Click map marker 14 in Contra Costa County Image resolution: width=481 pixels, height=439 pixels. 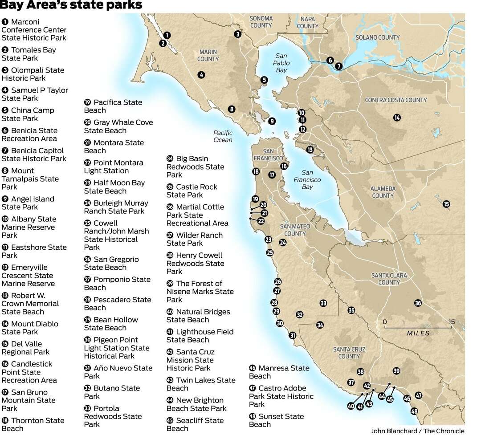396,118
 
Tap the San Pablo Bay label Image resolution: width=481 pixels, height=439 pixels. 281,63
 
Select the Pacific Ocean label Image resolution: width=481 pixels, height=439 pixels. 223,136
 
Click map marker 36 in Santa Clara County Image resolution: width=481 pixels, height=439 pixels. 417,303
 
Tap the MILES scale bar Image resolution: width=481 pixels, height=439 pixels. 418,328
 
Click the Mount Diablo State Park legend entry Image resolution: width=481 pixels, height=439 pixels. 30,328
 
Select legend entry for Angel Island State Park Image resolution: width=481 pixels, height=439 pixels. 28,203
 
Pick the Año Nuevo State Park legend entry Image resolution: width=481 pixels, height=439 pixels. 118,372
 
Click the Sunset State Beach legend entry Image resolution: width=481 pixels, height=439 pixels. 276,420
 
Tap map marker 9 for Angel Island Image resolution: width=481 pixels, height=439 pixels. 272,121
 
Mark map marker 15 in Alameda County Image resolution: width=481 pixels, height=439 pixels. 446,204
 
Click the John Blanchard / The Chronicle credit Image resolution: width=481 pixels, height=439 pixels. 417,431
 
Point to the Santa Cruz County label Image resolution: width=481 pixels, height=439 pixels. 349,353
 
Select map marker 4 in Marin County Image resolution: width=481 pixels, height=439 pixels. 201,75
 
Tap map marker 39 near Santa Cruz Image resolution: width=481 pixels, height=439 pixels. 396,371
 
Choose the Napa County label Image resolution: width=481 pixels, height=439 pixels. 307,23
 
